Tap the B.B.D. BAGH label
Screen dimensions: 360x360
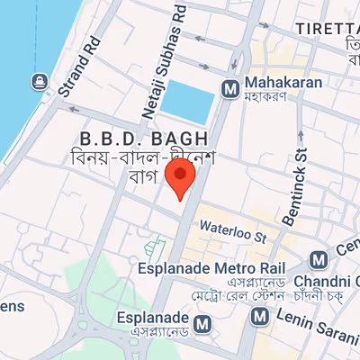[144, 139]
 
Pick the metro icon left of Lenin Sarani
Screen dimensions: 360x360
[261, 316]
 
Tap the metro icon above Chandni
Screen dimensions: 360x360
[319, 260]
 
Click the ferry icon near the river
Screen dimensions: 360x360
[40, 83]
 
